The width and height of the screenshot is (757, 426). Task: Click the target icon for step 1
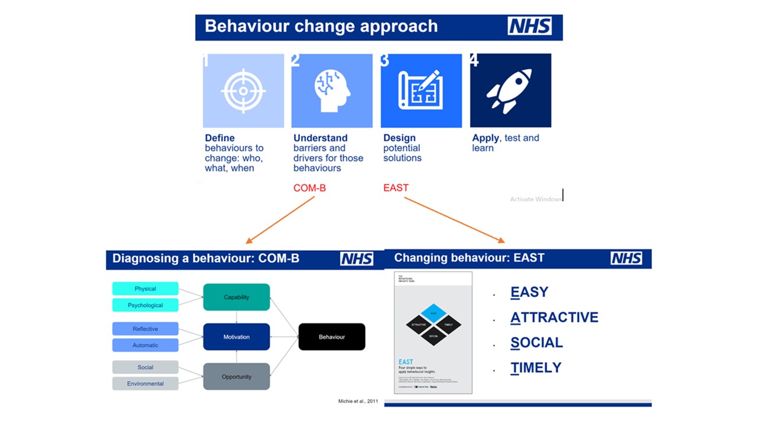243,91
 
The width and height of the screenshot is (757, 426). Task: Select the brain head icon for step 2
332,91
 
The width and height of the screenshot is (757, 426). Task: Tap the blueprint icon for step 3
420,91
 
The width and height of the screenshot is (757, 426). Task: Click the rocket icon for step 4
510,91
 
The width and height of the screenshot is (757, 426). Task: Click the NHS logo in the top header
529,27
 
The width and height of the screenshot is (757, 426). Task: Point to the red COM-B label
309,188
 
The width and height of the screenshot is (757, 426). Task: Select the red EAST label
396,188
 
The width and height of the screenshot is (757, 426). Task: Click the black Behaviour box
332,337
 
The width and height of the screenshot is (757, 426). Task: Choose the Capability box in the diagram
237,297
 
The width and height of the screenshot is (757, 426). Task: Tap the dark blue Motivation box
237,337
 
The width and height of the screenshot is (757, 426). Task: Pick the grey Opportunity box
237,376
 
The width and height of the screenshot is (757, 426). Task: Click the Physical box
145,289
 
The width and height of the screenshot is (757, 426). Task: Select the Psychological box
145,305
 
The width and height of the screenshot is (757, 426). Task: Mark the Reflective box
145,329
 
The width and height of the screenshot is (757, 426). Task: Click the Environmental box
145,383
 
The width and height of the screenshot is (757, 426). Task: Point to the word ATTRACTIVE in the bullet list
554,318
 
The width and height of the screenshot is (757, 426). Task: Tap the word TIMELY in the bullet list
536,367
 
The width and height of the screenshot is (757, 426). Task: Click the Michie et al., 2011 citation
358,402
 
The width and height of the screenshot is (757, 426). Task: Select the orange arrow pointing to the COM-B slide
280,220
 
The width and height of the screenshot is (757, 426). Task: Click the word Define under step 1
219,138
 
